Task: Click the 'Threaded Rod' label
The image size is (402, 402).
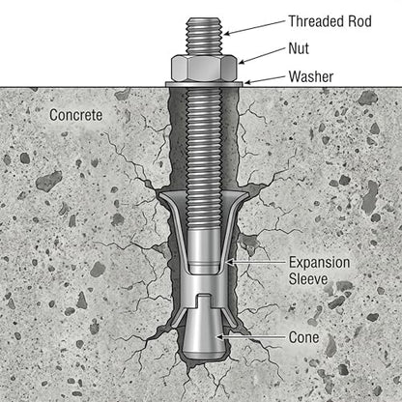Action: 330,21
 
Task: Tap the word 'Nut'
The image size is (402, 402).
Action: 299,48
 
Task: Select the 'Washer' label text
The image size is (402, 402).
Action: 311,76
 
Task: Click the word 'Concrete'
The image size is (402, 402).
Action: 76,115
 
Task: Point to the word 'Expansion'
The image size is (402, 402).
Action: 319,263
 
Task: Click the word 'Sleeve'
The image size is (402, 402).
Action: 308,278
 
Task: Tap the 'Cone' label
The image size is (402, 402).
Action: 303,337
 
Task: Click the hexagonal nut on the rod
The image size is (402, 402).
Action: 204,68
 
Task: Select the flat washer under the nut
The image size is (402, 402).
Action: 204,84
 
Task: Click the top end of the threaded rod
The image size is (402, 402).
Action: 204,18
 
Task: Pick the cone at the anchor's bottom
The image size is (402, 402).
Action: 204,335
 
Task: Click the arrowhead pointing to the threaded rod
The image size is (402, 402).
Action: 226,33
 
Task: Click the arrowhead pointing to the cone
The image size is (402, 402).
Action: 219,337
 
